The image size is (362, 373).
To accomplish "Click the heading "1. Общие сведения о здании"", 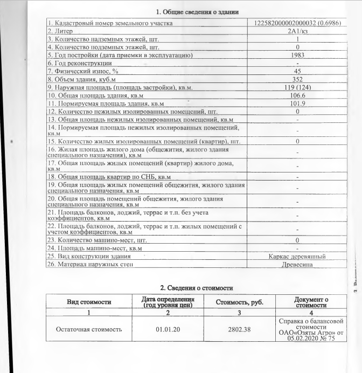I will pyautogui.click(x=197, y=12).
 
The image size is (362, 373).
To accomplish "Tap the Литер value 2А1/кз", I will pyautogui.click(x=297, y=31).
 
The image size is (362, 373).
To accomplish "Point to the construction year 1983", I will pyautogui.click(x=297, y=55).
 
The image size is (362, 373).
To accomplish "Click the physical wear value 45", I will pyautogui.click(x=297, y=71).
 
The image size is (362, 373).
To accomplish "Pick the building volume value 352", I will pyautogui.click(x=297, y=79).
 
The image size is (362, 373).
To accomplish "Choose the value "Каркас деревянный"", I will pyautogui.click(x=297, y=255).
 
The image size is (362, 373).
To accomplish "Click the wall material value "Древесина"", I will pyautogui.click(x=297, y=264).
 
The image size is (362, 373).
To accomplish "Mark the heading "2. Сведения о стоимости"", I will pyautogui.click(x=197, y=289).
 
